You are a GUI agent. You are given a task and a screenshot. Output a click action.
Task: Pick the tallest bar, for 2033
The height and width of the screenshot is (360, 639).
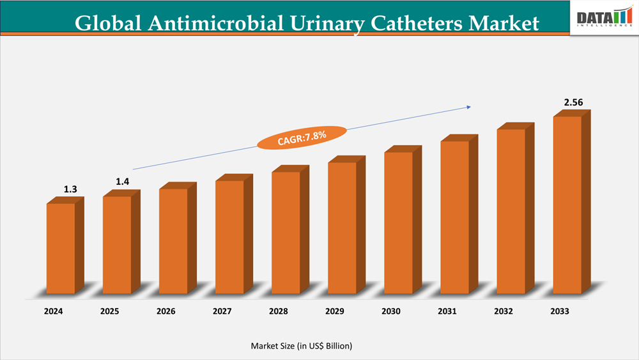click(567, 205)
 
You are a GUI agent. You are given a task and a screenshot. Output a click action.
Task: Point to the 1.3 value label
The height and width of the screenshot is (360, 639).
click(70, 189)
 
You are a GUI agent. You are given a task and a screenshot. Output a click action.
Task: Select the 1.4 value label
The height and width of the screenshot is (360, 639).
click(123, 182)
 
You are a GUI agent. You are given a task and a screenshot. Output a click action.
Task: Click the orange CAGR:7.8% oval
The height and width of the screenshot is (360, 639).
click(302, 136)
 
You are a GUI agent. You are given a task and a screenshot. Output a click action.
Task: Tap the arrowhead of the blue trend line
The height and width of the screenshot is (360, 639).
click(471, 107)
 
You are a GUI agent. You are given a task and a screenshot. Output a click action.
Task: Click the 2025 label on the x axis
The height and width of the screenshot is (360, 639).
click(110, 311)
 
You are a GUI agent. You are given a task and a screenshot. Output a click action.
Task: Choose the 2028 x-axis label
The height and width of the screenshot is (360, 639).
click(279, 311)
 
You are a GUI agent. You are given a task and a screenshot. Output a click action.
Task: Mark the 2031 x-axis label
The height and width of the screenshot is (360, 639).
click(447, 311)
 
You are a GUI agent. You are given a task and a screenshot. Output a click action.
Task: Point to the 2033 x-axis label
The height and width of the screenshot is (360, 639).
click(560, 311)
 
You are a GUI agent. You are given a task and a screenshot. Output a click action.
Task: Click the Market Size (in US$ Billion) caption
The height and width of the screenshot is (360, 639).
click(301, 345)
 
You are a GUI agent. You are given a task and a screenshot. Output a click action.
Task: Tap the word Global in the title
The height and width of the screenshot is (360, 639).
click(108, 24)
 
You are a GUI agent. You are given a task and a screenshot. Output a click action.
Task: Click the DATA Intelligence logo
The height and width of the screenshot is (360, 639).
click(603, 19)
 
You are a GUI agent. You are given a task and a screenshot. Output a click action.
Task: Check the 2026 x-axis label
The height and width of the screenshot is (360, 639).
click(166, 311)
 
